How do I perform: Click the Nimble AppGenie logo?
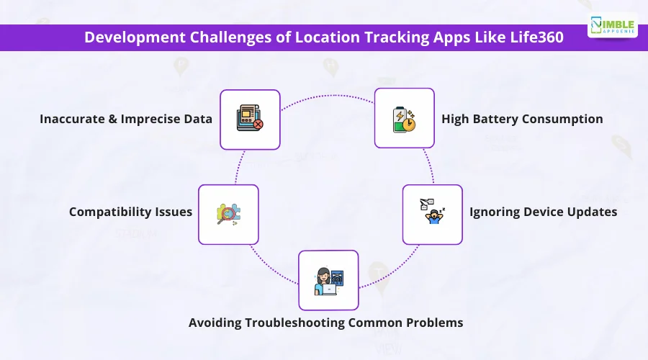613,26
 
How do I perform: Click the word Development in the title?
135,37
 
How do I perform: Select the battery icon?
404,120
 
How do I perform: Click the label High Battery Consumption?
522,119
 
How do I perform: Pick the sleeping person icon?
432,211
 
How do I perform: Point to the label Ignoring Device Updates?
543,212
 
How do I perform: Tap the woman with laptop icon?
328,282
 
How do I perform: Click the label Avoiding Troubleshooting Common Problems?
325,323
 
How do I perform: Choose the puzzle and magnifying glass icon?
228,214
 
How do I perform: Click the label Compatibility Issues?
130,212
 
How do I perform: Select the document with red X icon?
250,118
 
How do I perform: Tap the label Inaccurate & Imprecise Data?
125,119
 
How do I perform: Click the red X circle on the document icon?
258,124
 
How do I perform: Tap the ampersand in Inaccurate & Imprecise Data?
112,119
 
